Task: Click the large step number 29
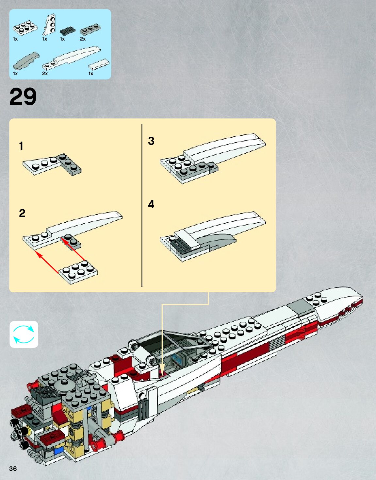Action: [x=23, y=97]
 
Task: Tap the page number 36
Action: [x=13, y=468]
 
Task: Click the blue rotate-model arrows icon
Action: [x=24, y=334]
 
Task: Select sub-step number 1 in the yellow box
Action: [x=21, y=146]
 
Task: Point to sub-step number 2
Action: [x=22, y=213]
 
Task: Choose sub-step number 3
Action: [x=151, y=141]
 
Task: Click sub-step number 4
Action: [x=151, y=204]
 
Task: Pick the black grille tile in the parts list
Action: [x=67, y=31]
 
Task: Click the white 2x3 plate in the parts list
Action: [x=25, y=28]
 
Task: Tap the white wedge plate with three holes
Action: [x=50, y=25]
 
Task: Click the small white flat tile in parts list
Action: [x=99, y=64]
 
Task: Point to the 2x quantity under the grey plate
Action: [x=83, y=39]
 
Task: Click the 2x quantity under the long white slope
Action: [x=45, y=74]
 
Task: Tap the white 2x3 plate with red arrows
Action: [x=78, y=272]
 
